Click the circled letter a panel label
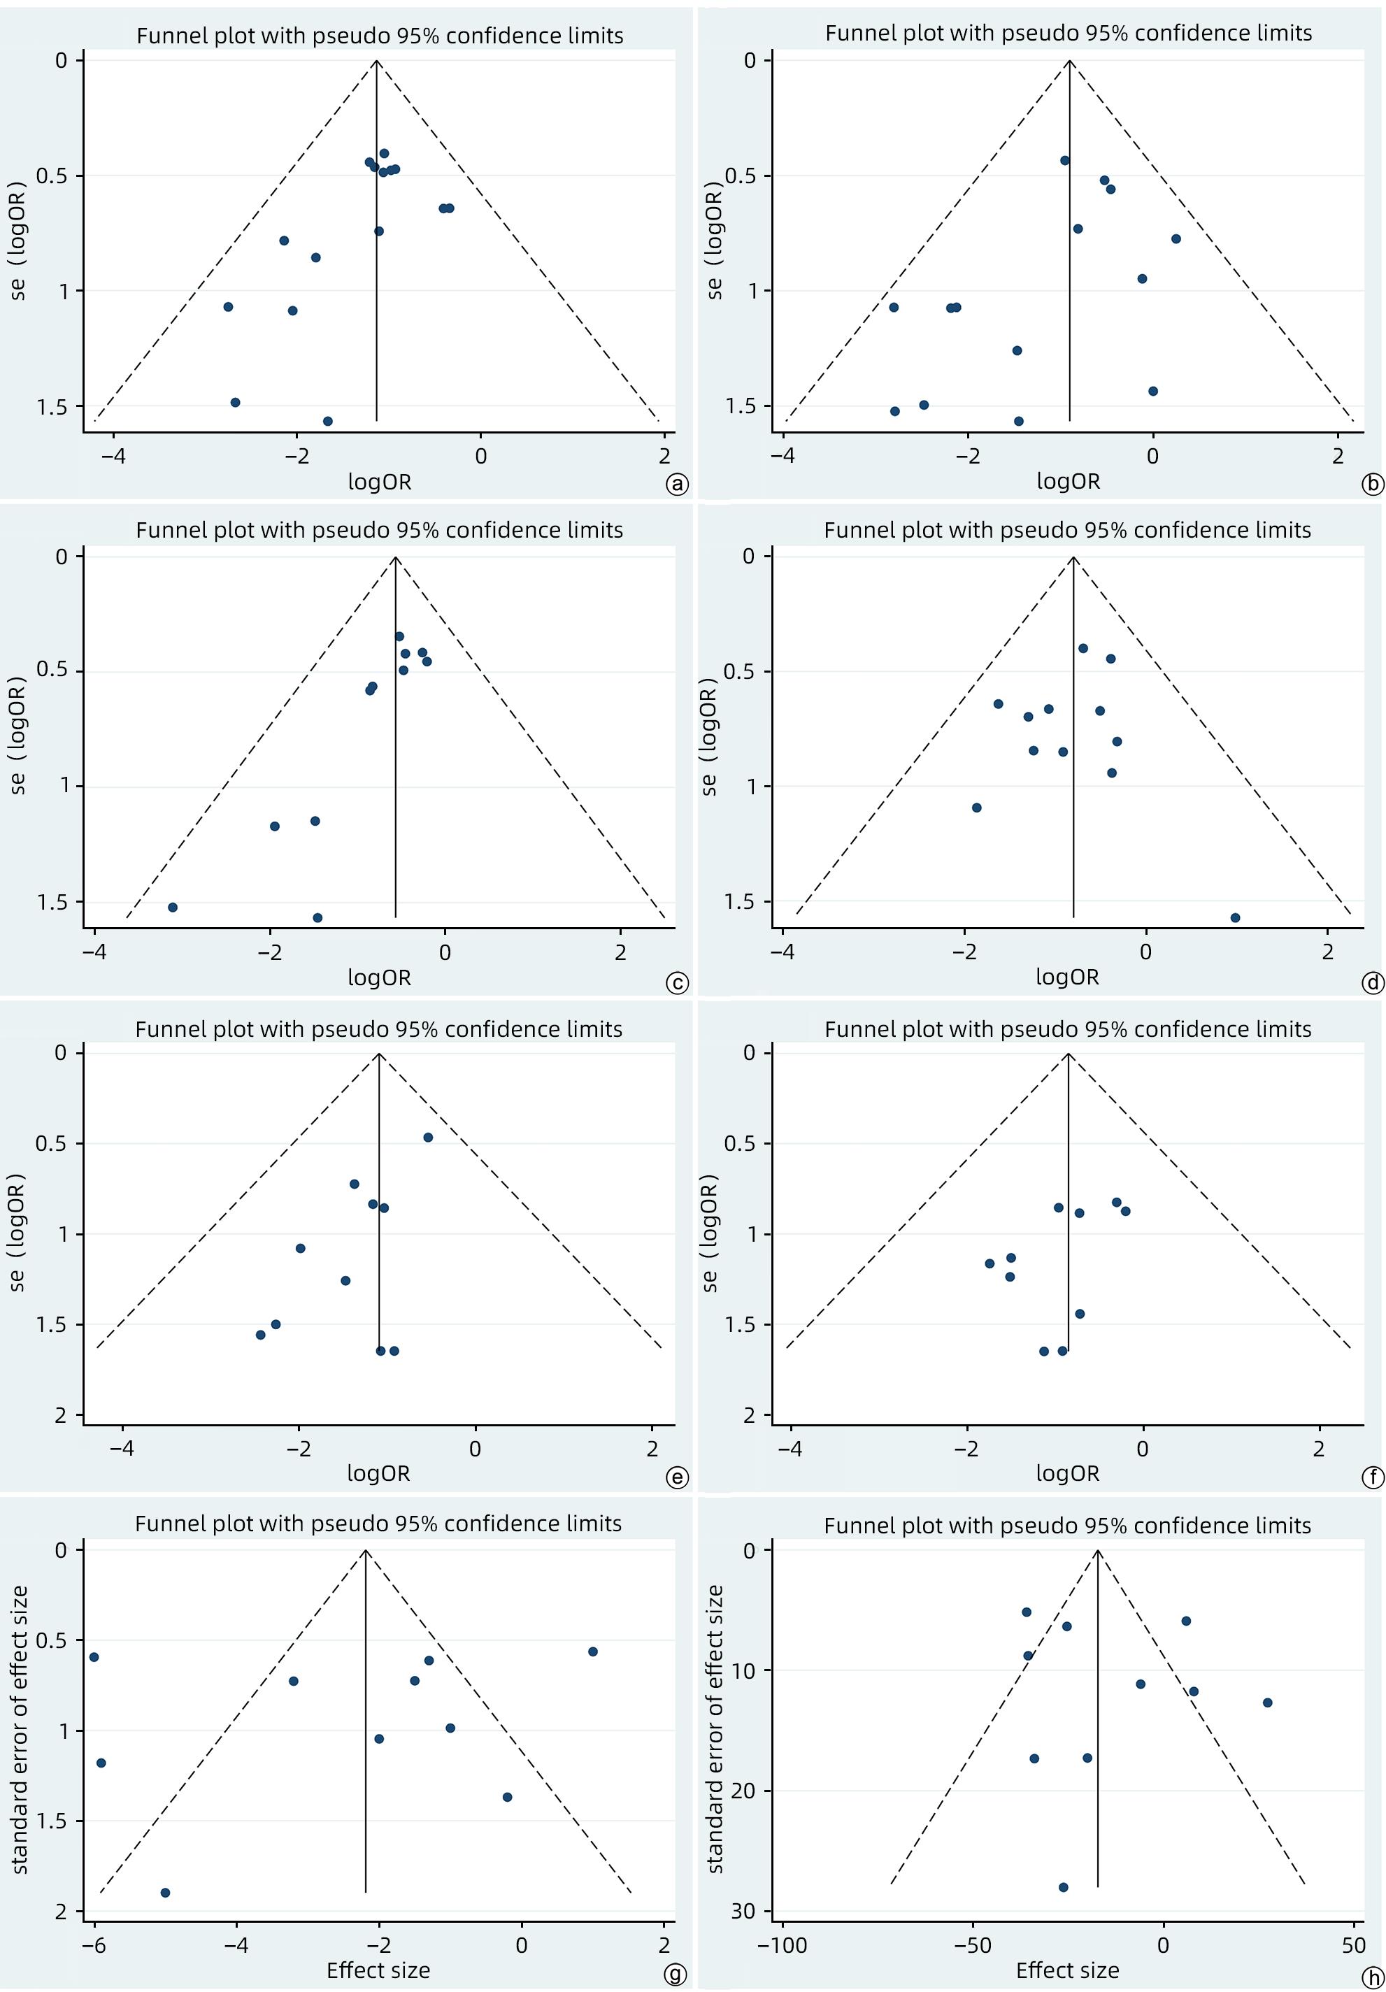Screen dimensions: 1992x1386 pyautogui.click(x=676, y=484)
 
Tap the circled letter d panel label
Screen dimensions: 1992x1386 pyautogui.click(x=1373, y=982)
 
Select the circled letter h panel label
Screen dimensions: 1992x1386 pyautogui.click(x=1373, y=1977)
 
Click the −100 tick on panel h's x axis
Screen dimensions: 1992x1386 pyautogui.click(x=782, y=1945)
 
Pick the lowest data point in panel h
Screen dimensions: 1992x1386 pyautogui.click(x=1063, y=1887)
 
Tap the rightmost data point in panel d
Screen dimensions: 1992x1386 pyautogui.click(x=1235, y=918)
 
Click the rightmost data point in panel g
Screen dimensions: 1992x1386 pyautogui.click(x=593, y=1651)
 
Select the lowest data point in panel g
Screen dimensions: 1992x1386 pyautogui.click(x=165, y=1892)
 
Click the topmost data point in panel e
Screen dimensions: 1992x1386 pyautogui.click(x=428, y=1138)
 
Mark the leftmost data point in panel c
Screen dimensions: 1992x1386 pyautogui.click(x=173, y=908)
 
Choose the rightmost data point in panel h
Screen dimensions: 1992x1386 pyautogui.click(x=1267, y=1703)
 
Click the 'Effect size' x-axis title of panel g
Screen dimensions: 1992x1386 pyautogui.click(x=378, y=1970)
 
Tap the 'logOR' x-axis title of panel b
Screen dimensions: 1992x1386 pyautogui.click(x=1068, y=482)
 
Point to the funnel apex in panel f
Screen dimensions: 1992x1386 pyautogui.click(x=1069, y=1053)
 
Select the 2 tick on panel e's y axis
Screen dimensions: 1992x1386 pyautogui.click(x=60, y=1415)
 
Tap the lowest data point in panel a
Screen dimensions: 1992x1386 pyautogui.click(x=327, y=422)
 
